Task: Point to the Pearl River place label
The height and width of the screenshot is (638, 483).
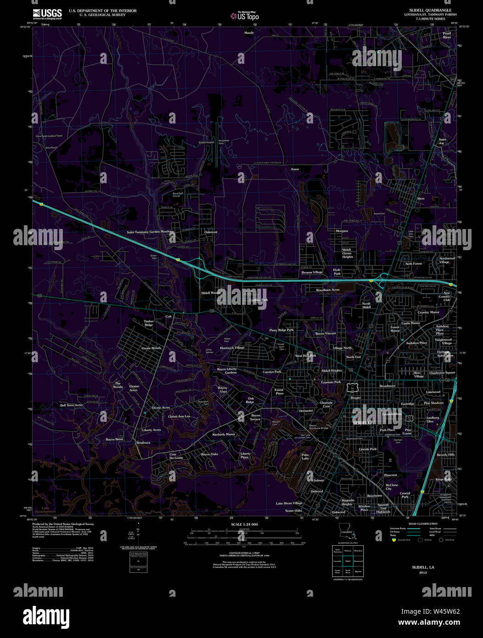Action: (x=447, y=35)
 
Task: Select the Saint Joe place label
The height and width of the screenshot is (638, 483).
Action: (x=442, y=141)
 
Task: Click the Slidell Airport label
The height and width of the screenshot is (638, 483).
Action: (x=206, y=143)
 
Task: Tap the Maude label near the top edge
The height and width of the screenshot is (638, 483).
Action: (x=249, y=33)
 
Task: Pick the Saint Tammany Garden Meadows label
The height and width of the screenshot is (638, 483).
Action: (x=150, y=232)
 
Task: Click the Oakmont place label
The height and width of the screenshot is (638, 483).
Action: (x=211, y=232)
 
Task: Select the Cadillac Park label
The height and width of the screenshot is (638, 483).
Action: (x=258, y=300)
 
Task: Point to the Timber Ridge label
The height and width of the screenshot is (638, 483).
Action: (x=149, y=323)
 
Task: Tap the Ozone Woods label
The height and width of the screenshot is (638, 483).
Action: (x=151, y=348)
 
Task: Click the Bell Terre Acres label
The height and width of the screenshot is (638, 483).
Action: (x=72, y=405)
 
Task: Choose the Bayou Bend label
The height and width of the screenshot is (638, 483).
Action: (x=114, y=439)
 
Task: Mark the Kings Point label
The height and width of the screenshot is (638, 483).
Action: (x=444, y=479)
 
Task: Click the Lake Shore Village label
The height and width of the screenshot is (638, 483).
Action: (x=289, y=504)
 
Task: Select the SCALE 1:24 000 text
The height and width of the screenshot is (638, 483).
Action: (x=244, y=524)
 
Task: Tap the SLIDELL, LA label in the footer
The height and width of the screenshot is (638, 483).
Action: (x=423, y=567)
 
